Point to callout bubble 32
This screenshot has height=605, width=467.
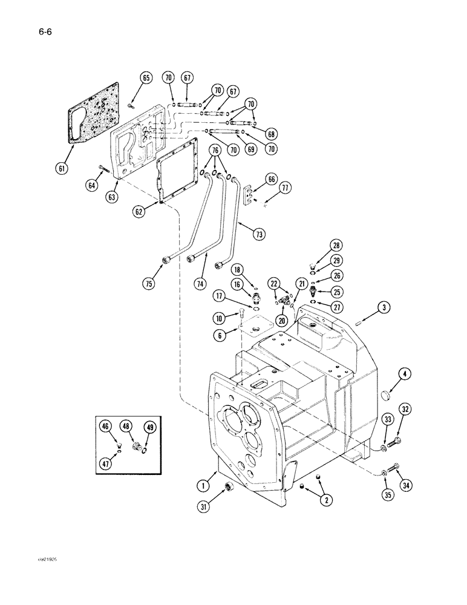tap(405, 410)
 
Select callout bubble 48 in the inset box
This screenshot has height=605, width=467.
tap(126, 427)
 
